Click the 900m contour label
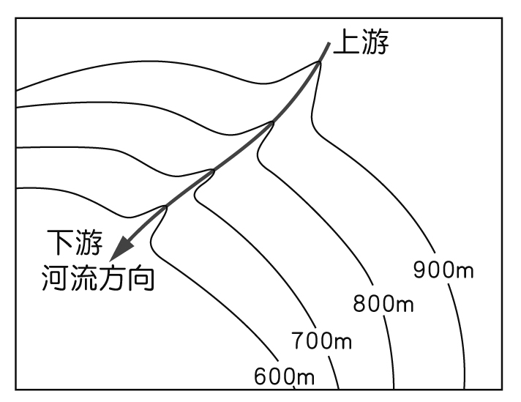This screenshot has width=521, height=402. [443, 269]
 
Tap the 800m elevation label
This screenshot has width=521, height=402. [383, 304]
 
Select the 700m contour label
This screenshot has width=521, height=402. [321, 340]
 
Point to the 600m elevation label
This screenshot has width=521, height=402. [284, 376]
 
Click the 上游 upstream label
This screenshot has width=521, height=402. [361, 42]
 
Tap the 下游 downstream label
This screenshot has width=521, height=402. [75, 242]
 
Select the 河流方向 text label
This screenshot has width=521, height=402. [98, 278]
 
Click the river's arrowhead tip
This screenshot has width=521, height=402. [109, 261]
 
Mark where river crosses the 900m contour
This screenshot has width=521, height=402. [318, 62]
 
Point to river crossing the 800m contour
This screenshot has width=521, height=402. [272, 122]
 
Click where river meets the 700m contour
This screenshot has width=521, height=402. [213, 171]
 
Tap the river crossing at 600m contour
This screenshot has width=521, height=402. [165, 207]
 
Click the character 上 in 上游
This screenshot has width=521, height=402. [347, 42]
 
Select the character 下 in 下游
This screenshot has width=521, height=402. [61, 242]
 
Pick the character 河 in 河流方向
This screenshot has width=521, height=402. [56, 278]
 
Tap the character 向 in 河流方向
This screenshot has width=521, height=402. [141, 278]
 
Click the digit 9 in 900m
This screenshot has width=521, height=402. [420, 269]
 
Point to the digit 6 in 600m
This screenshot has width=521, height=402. [260, 376]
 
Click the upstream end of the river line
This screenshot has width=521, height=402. [329, 42]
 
